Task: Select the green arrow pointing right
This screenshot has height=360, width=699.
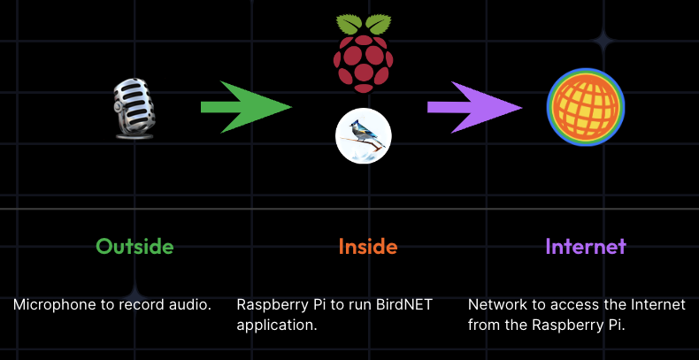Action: point(245,107)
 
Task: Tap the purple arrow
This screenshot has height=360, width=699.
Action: point(473,107)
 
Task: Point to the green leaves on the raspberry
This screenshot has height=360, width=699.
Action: point(363,24)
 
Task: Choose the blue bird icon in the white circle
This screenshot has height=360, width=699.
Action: point(363,136)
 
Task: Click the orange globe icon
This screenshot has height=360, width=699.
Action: point(585,107)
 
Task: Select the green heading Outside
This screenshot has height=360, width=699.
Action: point(134,246)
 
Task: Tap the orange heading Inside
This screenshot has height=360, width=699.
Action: point(367,246)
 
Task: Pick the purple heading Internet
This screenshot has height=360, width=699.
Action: point(585,246)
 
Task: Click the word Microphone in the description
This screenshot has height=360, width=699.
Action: point(50,305)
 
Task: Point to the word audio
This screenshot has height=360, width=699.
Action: point(192,305)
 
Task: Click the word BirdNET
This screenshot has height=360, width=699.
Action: point(403,305)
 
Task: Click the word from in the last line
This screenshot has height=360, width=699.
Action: point(482,325)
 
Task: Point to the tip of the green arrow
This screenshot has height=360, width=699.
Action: point(289,107)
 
